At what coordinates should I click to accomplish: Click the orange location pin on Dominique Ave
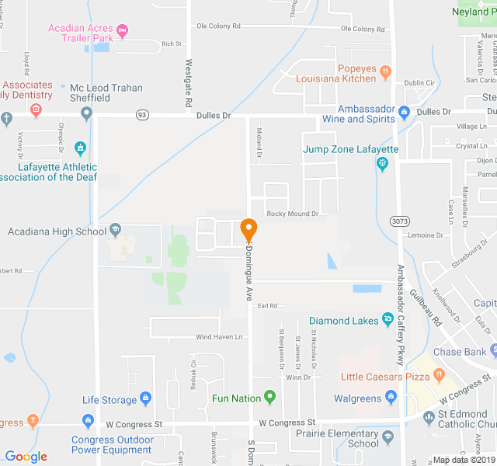tap(248, 230)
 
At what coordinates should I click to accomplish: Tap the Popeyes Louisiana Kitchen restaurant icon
tap(385, 73)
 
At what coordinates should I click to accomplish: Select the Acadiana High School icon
tap(116, 229)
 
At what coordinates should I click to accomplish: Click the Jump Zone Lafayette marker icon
tap(381, 163)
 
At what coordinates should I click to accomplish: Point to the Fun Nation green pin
tap(270, 398)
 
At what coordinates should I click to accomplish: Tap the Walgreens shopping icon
tap(391, 398)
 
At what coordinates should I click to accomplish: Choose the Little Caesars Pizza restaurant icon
tap(439, 377)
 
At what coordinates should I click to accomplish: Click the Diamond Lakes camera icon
tap(387, 319)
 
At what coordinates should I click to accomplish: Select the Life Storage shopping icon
tap(147, 400)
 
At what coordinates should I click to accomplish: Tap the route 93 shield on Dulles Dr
tap(141, 114)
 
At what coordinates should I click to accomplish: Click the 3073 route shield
tap(400, 221)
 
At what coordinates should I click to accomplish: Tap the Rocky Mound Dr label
tap(292, 214)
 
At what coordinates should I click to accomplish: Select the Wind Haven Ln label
tap(218, 337)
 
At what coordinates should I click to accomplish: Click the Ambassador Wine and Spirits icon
tap(404, 113)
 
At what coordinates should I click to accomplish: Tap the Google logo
tap(26, 456)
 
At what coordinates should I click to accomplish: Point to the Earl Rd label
tap(267, 306)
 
